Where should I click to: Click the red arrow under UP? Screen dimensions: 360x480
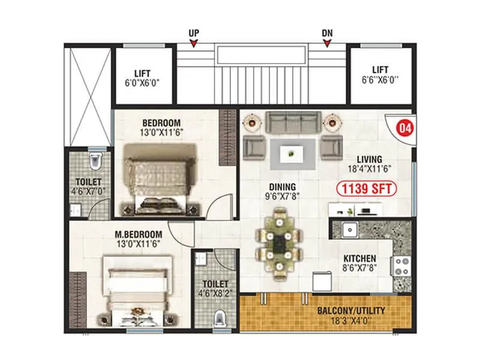(x=194, y=43)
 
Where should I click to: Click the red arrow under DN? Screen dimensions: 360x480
(x=327, y=43)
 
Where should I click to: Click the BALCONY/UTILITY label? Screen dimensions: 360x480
(x=351, y=311)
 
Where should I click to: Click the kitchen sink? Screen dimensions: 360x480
(x=348, y=229)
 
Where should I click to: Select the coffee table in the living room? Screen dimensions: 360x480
(x=290, y=152)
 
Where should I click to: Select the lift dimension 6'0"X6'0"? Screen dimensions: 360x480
(x=142, y=80)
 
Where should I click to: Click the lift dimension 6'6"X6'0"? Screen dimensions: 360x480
(x=380, y=80)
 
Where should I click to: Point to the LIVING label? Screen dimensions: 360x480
(x=370, y=158)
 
